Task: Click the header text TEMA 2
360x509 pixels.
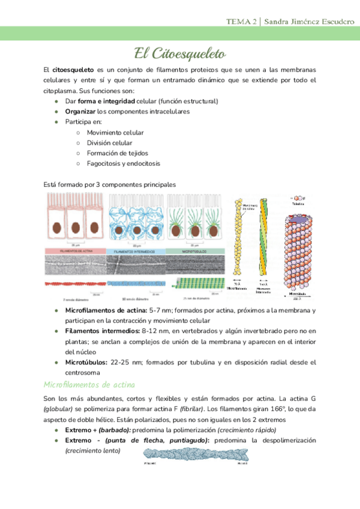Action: [x=241, y=22]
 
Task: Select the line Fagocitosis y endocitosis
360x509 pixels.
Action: [x=123, y=163]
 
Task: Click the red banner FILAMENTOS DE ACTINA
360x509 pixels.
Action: [x=74, y=251]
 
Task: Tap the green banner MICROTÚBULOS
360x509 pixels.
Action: [x=196, y=251]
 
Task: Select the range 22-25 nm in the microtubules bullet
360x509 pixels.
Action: [x=122, y=363]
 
